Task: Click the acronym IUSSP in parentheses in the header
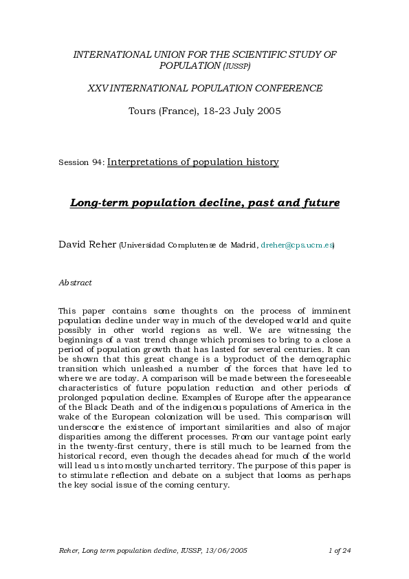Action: pyautogui.click(x=236, y=66)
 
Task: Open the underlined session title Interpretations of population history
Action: pyautogui.click(x=193, y=162)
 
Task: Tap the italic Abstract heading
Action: pyautogui.click(x=75, y=283)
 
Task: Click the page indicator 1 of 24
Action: pyautogui.click(x=340, y=551)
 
